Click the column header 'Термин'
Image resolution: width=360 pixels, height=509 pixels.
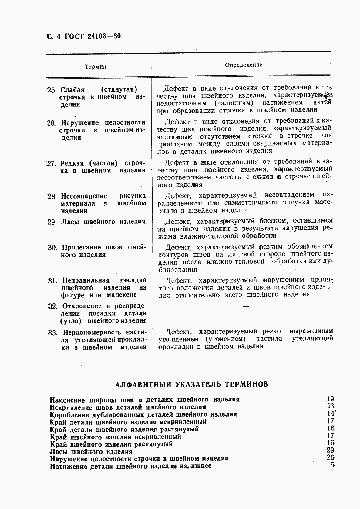(x=96, y=67)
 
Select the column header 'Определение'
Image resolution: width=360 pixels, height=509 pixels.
(x=244, y=65)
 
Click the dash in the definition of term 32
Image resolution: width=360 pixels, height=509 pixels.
(x=246, y=307)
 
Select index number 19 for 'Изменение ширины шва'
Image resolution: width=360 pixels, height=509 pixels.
(x=330, y=399)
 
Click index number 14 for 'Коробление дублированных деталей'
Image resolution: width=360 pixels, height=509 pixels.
(x=330, y=414)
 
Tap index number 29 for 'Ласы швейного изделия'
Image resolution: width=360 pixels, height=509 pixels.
(x=330, y=450)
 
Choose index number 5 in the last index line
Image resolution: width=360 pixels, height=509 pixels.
(x=332, y=465)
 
